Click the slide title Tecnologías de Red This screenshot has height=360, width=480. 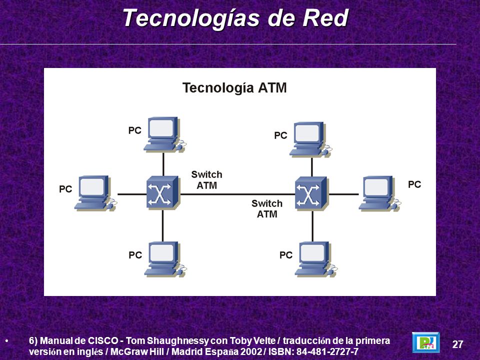coord(235,18)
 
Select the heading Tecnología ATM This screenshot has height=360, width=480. coord(234,88)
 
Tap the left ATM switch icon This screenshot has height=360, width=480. coord(162,192)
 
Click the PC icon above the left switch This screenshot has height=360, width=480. coord(164,134)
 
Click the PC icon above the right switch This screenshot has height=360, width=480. coord(310,139)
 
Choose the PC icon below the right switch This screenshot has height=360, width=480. coord(316,259)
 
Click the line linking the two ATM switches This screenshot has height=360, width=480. coord(237,194)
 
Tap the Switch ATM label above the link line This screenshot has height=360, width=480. coord(207,180)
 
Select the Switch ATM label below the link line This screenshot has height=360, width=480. coord(267,209)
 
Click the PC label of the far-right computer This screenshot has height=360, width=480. coord(414,184)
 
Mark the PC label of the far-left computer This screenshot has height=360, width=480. coord(65,189)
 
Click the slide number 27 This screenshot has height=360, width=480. coord(457,344)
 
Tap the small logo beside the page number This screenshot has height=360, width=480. coord(426,342)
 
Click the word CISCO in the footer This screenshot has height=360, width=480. coord(103,340)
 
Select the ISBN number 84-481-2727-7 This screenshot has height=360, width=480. coord(327,351)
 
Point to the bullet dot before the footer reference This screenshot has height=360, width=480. coord(6,340)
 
